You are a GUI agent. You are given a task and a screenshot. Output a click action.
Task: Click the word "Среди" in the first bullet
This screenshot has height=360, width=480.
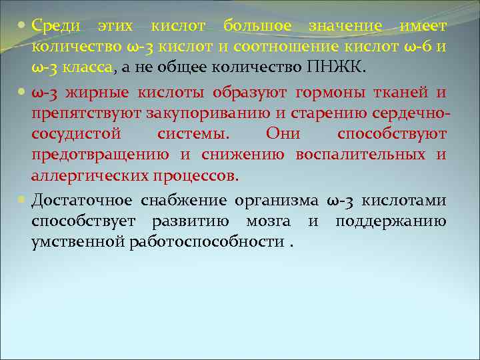57,26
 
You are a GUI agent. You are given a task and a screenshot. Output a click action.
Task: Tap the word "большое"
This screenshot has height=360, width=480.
257,26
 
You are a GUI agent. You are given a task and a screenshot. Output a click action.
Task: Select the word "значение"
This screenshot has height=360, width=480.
345,26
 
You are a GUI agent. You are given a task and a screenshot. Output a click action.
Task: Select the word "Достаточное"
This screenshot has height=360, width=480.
81,201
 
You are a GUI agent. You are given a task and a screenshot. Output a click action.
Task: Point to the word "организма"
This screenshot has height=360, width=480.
275,201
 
